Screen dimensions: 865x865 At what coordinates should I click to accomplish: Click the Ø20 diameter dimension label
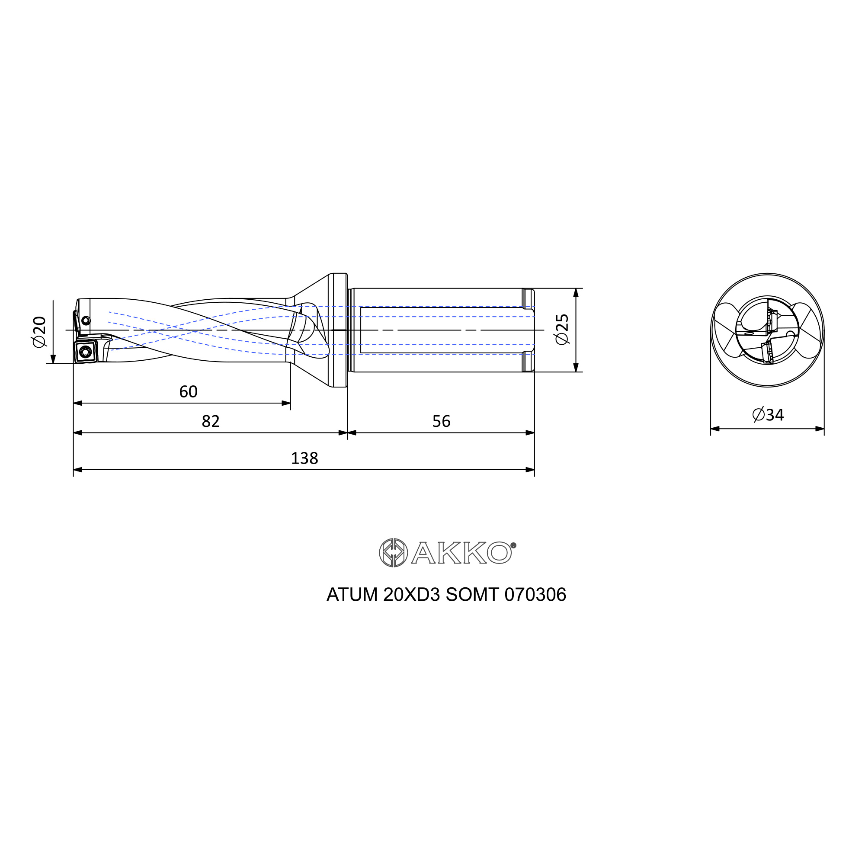(x=39, y=332)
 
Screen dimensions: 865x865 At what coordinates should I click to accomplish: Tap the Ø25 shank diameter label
(x=562, y=330)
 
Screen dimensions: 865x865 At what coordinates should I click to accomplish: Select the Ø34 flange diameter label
(x=768, y=415)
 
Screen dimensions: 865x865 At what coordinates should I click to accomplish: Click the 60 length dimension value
(x=188, y=392)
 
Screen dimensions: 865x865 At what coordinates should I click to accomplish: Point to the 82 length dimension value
(x=211, y=421)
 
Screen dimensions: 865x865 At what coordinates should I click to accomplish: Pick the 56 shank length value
(x=441, y=421)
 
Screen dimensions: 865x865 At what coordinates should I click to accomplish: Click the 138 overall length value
(x=304, y=458)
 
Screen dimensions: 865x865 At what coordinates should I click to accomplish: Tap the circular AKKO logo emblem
(x=393, y=552)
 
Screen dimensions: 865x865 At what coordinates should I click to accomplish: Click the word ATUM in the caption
(x=352, y=595)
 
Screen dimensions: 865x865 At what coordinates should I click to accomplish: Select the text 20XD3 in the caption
(x=411, y=595)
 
